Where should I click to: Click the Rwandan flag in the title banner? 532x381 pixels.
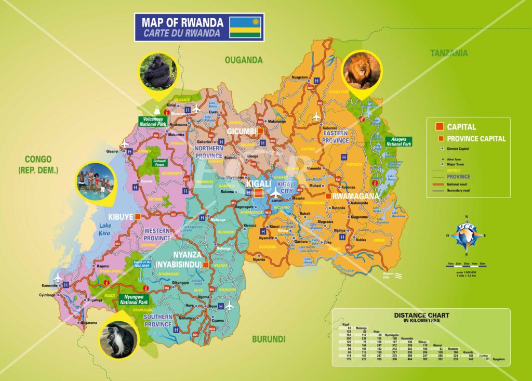[245, 27]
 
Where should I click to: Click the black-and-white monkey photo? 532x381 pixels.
[119, 339]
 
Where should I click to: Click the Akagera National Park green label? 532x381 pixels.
[398, 141]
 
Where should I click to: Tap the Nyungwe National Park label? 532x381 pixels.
[134, 299]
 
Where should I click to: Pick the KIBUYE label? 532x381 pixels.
[121, 217]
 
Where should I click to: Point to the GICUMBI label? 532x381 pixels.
[242, 131]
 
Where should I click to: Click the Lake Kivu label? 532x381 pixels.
[105, 229]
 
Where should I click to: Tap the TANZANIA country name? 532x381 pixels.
[448, 52]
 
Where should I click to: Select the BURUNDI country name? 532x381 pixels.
[269, 339]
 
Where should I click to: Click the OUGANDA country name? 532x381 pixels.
[244, 60]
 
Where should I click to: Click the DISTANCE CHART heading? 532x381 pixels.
[421, 315]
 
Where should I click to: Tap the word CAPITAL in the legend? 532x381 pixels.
[461, 127]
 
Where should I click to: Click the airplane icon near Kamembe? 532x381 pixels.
[58, 278]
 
